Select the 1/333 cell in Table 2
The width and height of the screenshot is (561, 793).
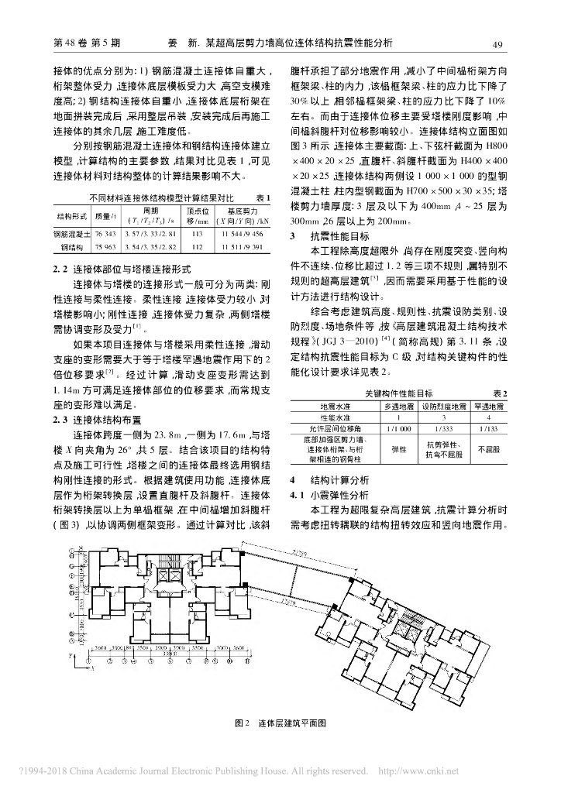[440, 427]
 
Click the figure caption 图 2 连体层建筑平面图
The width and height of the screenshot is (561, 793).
[280, 723]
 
